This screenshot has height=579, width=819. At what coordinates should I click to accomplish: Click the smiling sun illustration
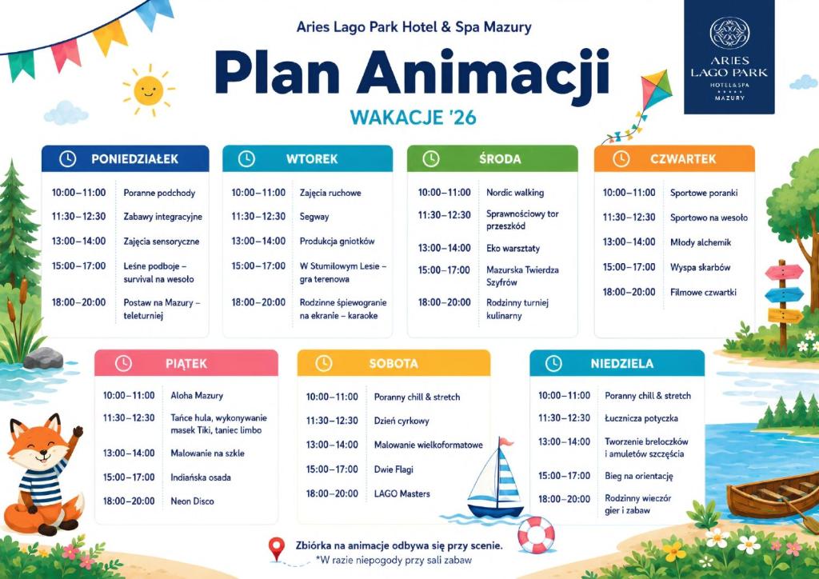[x=148, y=90]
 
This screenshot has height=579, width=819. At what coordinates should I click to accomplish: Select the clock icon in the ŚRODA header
[x=431, y=158]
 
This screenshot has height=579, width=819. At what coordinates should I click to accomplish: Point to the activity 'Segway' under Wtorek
[x=314, y=217]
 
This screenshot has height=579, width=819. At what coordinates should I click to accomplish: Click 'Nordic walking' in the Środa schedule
[x=515, y=193]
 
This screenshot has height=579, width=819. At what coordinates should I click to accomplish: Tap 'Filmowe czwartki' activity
[x=703, y=293]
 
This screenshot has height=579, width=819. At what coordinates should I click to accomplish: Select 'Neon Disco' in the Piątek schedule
[x=192, y=501]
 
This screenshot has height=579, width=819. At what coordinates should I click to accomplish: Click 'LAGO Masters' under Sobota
[x=402, y=494]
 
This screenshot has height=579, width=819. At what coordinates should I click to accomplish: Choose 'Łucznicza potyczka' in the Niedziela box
[x=641, y=418]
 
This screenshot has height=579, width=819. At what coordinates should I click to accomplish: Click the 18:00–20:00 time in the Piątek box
[x=129, y=501]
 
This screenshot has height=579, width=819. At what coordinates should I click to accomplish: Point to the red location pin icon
[x=276, y=548]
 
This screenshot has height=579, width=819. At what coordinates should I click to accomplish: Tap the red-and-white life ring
[x=536, y=535]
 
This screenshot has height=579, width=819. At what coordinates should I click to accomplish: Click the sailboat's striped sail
[x=506, y=474]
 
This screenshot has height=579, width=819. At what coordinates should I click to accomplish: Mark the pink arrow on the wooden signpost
[x=784, y=272]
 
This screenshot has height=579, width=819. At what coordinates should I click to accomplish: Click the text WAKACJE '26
[x=413, y=117]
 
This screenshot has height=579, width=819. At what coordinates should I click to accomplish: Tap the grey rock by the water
[x=43, y=358]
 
